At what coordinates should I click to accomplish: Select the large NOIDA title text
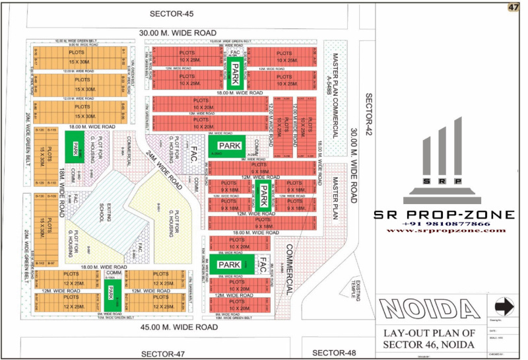[x=430, y=308]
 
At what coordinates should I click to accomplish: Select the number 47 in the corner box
[x=513, y=7]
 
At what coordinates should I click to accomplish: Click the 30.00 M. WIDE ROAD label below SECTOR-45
[x=178, y=32]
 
